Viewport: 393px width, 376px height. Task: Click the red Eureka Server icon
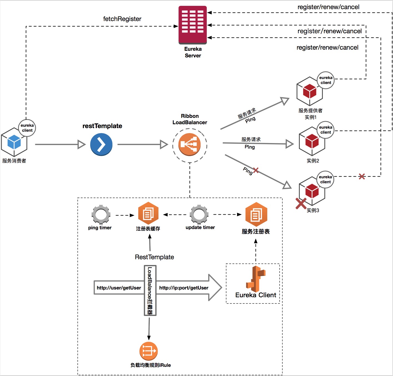tap(193, 25)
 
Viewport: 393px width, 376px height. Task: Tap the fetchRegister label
tap(122, 19)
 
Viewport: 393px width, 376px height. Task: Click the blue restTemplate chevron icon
tap(101, 144)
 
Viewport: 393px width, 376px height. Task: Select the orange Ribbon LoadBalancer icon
tap(190, 144)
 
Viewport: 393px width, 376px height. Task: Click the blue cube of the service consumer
tap(14, 142)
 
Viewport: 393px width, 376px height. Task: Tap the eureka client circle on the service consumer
tap(27, 128)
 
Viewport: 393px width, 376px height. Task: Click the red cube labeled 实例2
tap(312, 141)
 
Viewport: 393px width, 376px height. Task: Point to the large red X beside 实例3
tap(301, 204)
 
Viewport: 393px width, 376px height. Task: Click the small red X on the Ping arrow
tap(256, 170)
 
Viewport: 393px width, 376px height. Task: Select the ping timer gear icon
tap(101, 215)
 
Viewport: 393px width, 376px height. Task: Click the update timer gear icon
tap(199, 214)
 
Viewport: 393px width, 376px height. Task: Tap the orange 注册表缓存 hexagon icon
tap(148, 214)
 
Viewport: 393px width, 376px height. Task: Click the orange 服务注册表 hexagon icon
tap(256, 214)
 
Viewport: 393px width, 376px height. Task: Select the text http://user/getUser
tap(119, 288)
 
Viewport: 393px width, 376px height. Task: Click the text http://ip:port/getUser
tap(184, 288)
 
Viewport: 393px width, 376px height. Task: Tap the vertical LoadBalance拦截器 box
tap(150, 290)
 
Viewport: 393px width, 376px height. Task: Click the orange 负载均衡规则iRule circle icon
tap(148, 351)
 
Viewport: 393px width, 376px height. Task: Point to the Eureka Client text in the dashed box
tap(256, 295)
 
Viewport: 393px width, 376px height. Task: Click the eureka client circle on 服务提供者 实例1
tap(326, 80)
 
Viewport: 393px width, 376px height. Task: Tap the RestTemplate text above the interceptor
tap(154, 257)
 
